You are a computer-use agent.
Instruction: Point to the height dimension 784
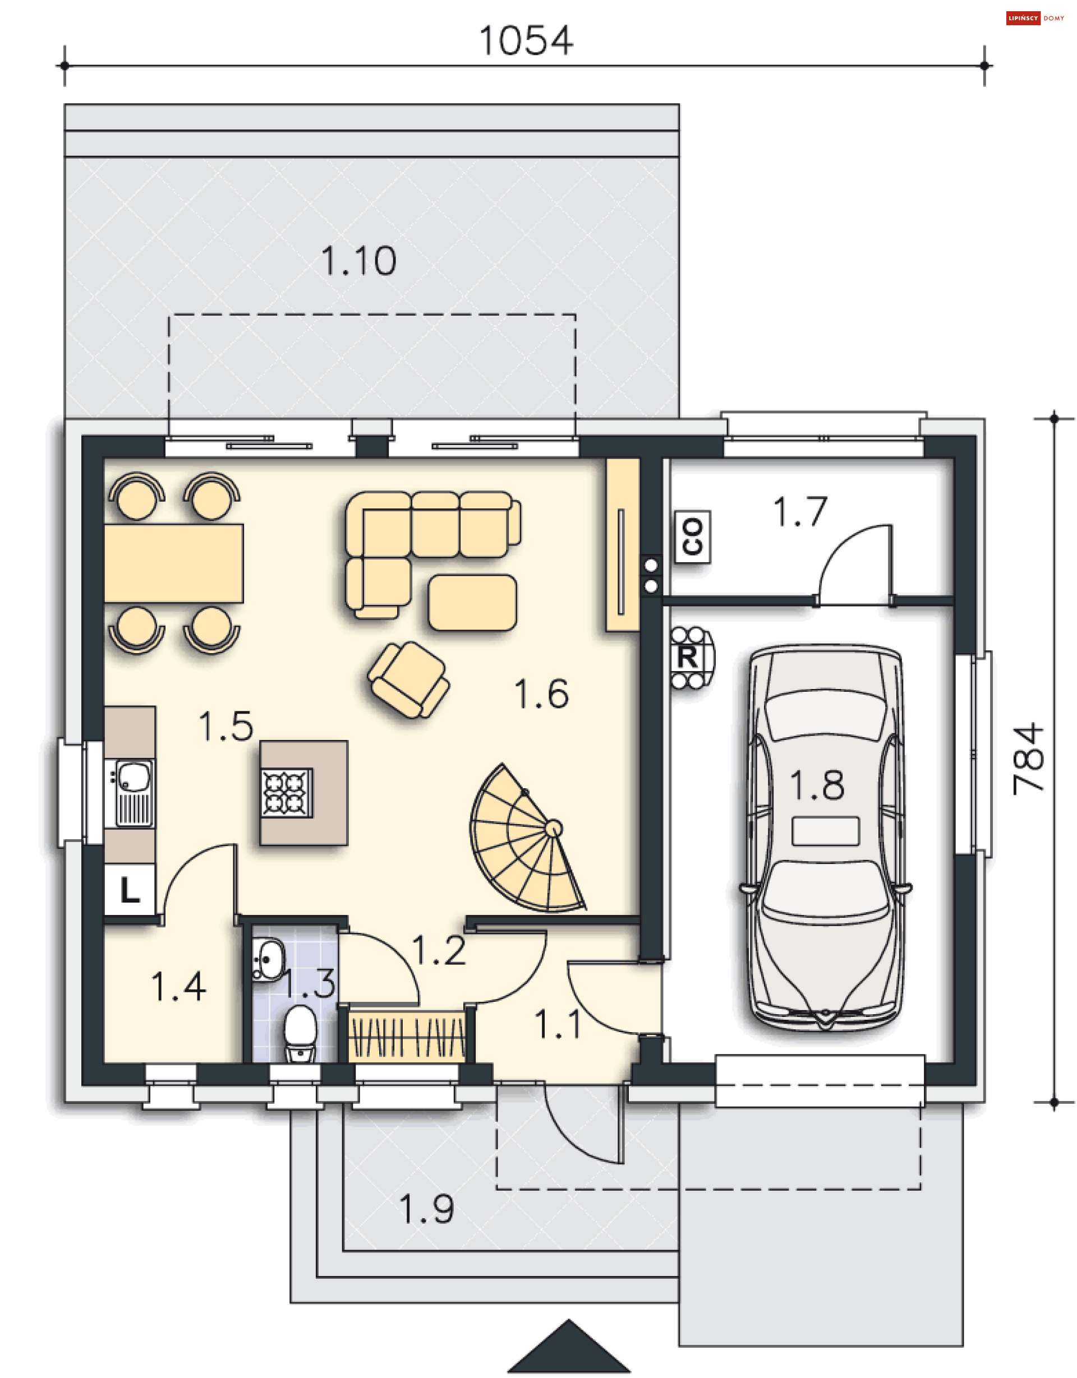point(1028,759)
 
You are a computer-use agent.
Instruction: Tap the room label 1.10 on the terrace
point(358,261)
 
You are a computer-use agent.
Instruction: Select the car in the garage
point(825,839)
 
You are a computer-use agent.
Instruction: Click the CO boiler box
point(693,537)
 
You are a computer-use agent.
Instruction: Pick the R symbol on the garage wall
point(689,658)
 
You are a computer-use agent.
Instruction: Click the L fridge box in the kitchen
point(130,890)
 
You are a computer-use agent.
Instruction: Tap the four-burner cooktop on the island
point(287,793)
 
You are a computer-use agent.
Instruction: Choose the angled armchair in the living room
point(409,679)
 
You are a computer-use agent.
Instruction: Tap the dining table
point(173,563)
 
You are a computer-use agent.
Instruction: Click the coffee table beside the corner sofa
point(472,603)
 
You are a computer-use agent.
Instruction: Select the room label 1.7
point(800,512)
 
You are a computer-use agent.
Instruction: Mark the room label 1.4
point(178,987)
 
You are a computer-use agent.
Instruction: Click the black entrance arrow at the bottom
point(569,1348)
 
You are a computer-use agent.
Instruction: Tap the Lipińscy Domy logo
point(1035,19)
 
